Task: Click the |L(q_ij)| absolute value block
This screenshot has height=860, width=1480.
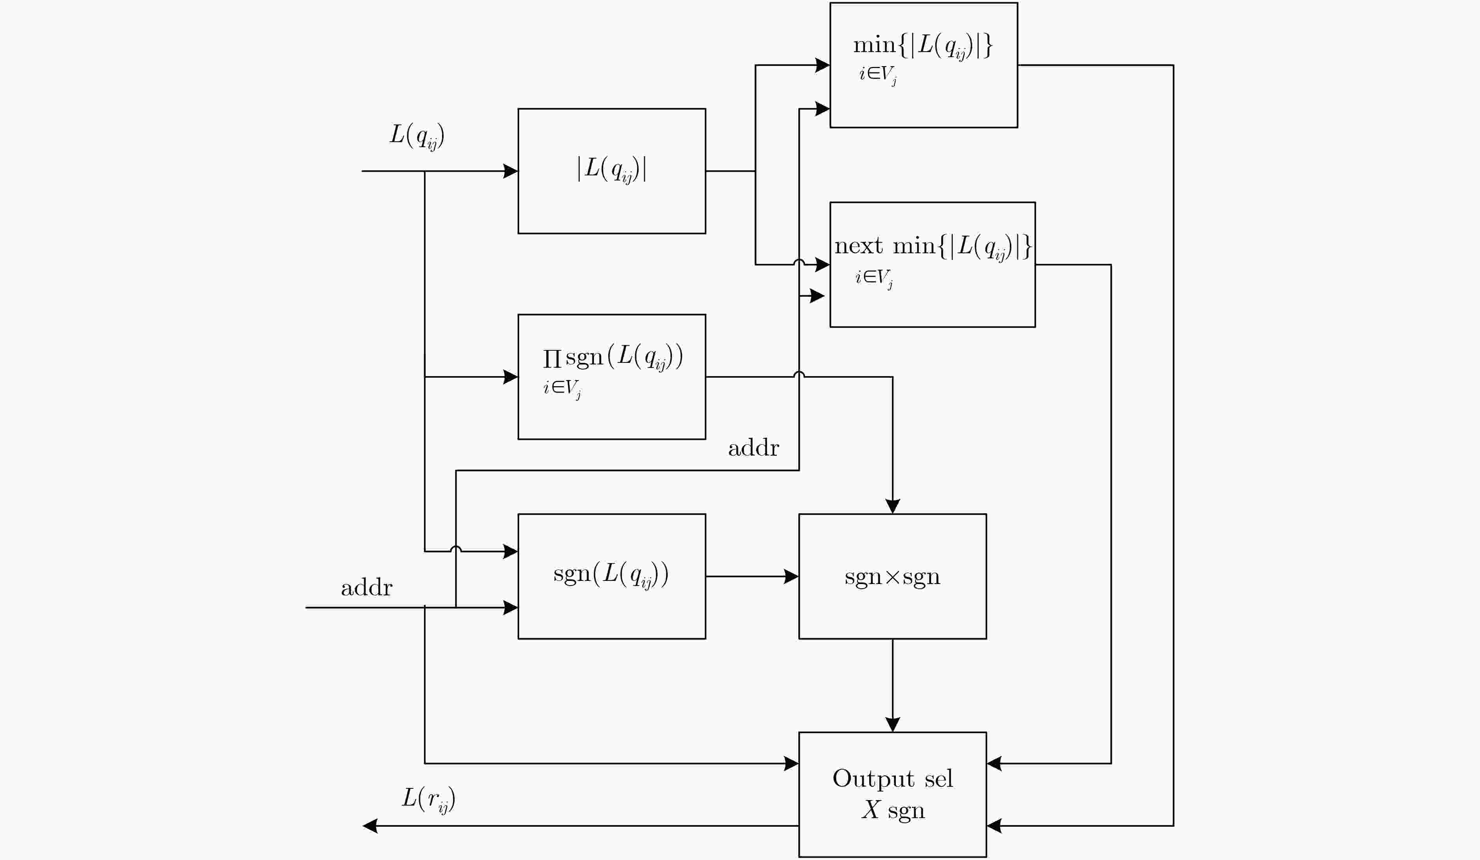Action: [612, 171]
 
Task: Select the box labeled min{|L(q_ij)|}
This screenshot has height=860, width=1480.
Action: [923, 65]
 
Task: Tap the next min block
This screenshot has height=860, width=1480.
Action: [932, 265]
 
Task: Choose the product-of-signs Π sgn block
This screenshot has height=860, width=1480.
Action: [612, 377]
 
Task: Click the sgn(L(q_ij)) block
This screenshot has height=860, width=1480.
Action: [612, 577]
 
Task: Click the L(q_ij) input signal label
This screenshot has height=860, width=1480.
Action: [417, 137]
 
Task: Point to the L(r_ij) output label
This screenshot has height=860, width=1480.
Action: [429, 800]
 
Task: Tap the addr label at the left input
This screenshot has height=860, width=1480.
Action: [366, 588]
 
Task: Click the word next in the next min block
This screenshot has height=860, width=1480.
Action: [858, 245]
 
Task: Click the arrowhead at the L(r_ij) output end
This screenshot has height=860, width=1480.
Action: [370, 826]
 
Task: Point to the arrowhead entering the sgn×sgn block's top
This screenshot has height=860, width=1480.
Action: [893, 507]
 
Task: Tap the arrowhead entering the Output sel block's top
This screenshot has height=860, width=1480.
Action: [893, 725]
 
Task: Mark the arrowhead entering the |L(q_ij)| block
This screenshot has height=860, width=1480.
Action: [511, 171]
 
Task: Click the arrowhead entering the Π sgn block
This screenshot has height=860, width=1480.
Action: [511, 377]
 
